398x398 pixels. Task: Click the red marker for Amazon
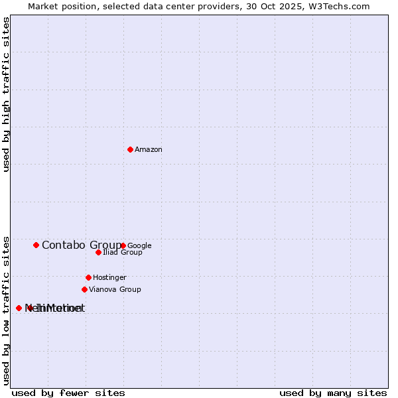130,149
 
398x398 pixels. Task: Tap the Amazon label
149,150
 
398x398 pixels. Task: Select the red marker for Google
123,245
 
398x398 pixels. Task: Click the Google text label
139,245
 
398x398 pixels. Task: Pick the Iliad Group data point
98,252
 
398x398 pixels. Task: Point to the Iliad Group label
123,253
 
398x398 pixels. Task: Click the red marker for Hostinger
88,277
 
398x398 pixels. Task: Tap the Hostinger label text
109,277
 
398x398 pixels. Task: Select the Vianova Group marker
84,289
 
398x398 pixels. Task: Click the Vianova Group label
115,289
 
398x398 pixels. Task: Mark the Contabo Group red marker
36,245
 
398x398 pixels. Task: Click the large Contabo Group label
81,245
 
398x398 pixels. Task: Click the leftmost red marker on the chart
19,308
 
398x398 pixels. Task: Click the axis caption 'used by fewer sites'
68,393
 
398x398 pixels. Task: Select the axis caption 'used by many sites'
333,393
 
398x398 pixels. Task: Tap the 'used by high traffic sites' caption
7,94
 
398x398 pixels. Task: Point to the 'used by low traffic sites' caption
7,310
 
